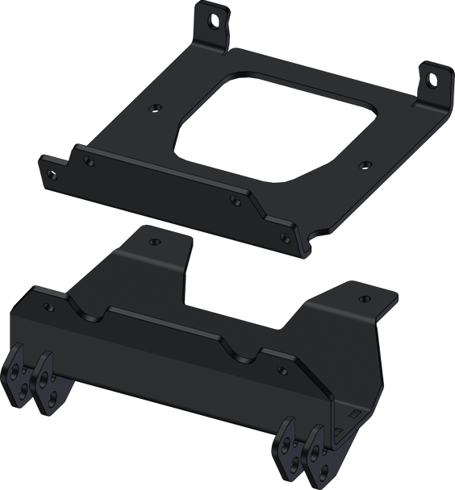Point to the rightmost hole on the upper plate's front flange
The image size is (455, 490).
pos(284,235)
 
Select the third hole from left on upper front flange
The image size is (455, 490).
pos(235,199)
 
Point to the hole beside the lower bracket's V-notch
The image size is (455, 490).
pos(282,370)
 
